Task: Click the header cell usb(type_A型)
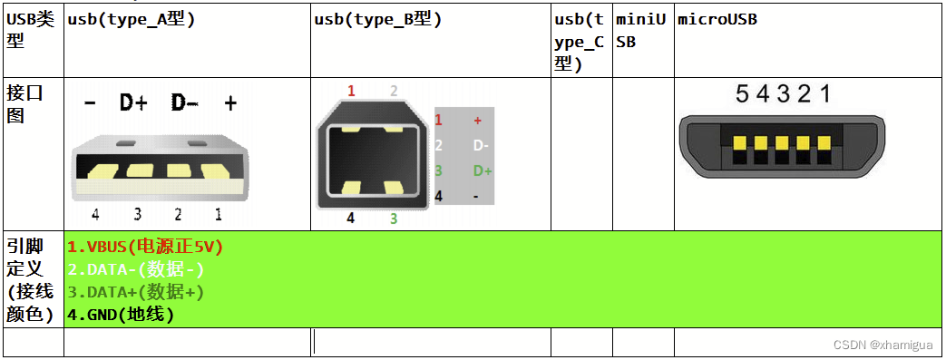(131, 19)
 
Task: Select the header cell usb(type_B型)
(378, 19)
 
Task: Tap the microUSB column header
(717, 19)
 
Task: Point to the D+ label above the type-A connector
(133, 103)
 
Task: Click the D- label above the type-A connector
(185, 103)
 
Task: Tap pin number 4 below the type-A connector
(95, 215)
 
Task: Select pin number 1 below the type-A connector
(219, 215)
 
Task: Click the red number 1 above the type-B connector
(351, 91)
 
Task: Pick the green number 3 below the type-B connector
(394, 219)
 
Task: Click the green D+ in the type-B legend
(483, 170)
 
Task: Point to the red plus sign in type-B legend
(478, 120)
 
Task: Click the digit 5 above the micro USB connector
(742, 93)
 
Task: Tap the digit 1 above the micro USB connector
(824, 93)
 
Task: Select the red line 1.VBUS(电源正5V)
(145, 247)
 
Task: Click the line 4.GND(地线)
(121, 315)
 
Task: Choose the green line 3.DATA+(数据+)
(136, 292)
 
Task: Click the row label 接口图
(25, 104)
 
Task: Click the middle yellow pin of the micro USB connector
(782, 144)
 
